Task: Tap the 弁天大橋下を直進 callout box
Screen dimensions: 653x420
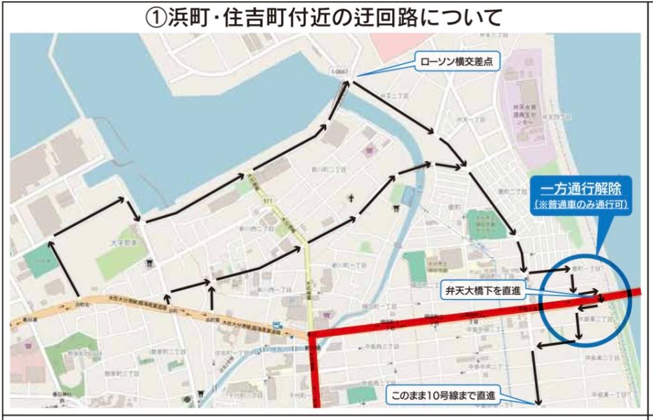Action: tap(482, 291)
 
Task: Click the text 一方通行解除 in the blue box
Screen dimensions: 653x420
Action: tap(580, 189)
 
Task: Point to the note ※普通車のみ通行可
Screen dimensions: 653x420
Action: tap(581, 204)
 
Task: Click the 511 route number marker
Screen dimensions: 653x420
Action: tap(267, 202)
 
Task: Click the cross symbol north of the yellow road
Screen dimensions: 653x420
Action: tap(350, 199)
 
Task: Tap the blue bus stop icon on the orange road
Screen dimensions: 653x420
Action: tap(275, 323)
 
